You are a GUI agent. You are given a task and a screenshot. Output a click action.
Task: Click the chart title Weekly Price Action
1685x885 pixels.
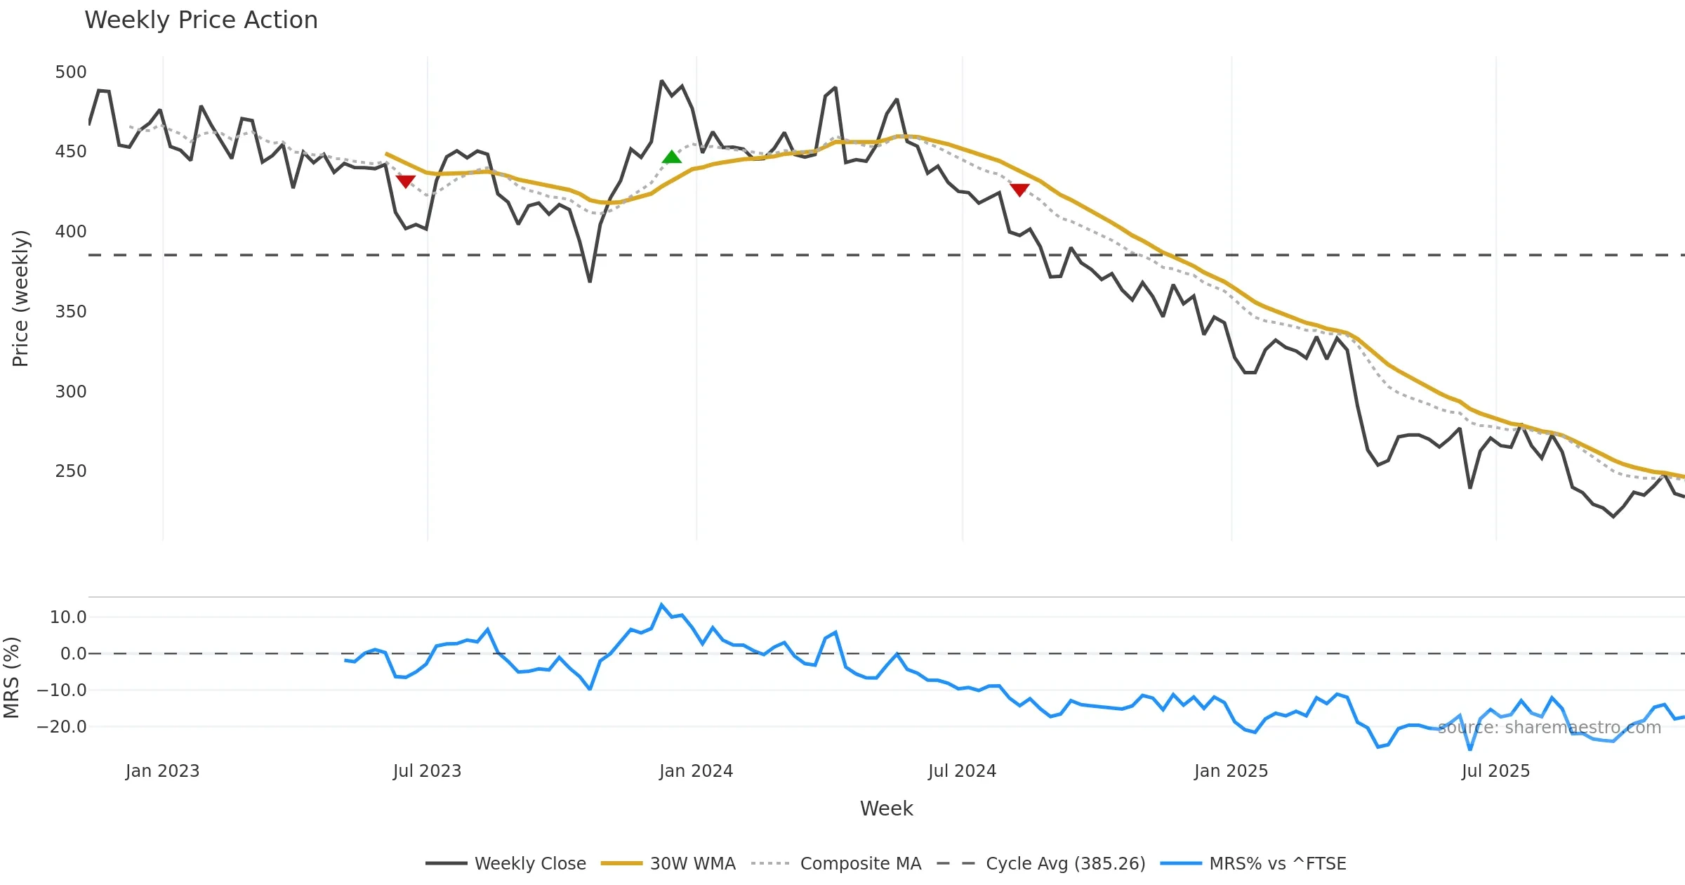click(201, 20)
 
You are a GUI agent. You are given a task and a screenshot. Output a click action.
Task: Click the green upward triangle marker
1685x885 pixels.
click(671, 157)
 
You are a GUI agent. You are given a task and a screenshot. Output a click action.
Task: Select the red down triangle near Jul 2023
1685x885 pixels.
click(405, 181)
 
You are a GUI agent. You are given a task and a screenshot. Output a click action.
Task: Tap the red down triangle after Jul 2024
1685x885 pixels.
click(1019, 190)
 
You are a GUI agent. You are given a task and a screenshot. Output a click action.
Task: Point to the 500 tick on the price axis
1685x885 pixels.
click(71, 72)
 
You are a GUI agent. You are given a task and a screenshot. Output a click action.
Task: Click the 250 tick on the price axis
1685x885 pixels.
click(71, 471)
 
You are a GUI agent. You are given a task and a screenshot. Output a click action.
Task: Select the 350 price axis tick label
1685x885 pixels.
click(71, 311)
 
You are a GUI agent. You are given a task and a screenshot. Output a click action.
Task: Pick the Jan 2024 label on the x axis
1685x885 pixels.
click(696, 771)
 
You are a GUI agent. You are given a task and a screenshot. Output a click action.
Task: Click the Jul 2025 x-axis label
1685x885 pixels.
click(1495, 771)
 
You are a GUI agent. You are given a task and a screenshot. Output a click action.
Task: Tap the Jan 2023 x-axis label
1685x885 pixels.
click(162, 771)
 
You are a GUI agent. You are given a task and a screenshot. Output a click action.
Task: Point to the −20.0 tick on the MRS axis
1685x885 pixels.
click(62, 727)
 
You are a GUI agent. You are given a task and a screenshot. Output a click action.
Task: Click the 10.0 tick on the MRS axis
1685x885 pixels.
click(68, 617)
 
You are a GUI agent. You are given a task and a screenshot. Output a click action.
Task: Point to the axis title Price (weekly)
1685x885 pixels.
click(20, 299)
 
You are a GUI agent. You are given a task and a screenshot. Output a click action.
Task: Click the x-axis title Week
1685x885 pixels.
click(886, 808)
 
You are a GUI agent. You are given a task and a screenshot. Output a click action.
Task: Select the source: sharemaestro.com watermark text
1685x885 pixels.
click(1549, 728)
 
